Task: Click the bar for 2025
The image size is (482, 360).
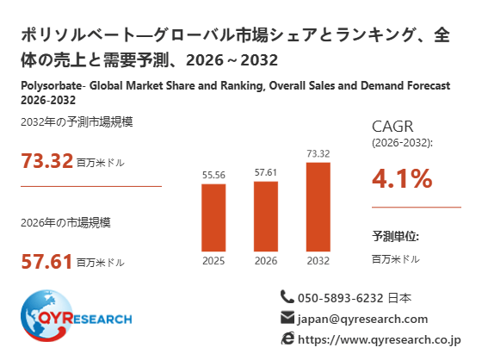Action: pyautogui.click(x=213, y=218)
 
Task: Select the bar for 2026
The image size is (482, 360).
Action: pyautogui.click(x=266, y=216)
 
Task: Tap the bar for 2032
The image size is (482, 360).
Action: pyautogui.click(x=318, y=207)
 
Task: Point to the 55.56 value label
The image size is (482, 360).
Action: pyautogui.click(x=213, y=175)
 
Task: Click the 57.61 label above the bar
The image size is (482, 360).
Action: pyautogui.click(x=266, y=172)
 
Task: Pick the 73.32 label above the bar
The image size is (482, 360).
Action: pyautogui.click(x=318, y=153)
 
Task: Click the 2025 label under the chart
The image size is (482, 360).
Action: pyautogui.click(x=213, y=261)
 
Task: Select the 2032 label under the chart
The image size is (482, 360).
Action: pyautogui.click(x=318, y=261)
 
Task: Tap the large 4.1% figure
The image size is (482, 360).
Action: pyautogui.click(x=402, y=178)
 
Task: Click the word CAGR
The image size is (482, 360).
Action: pyautogui.click(x=392, y=127)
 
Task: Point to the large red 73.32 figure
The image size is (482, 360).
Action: pyautogui.click(x=46, y=161)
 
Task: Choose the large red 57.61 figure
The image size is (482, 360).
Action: pyautogui.click(x=46, y=262)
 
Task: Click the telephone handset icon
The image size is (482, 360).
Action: pyautogui.click(x=287, y=297)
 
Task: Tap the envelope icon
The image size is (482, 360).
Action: pyautogui.click(x=287, y=318)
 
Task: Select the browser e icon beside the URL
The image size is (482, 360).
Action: pyautogui.click(x=287, y=338)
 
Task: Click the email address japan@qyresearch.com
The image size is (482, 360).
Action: pyautogui.click(x=362, y=319)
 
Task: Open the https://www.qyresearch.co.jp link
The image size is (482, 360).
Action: pyautogui.click(x=380, y=339)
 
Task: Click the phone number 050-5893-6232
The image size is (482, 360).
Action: pyautogui.click(x=341, y=298)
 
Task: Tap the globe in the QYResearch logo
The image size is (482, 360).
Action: pyautogui.click(x=46, y=315)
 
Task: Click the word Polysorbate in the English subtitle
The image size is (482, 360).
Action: pyautogui.click(x=52, y=86)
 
